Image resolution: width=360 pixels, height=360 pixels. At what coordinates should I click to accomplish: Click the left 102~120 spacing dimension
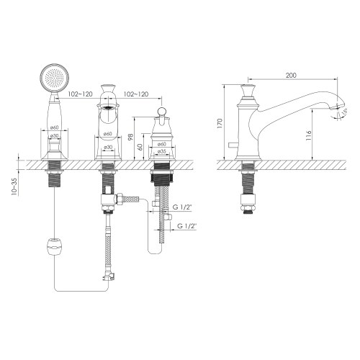coord(80,94)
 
